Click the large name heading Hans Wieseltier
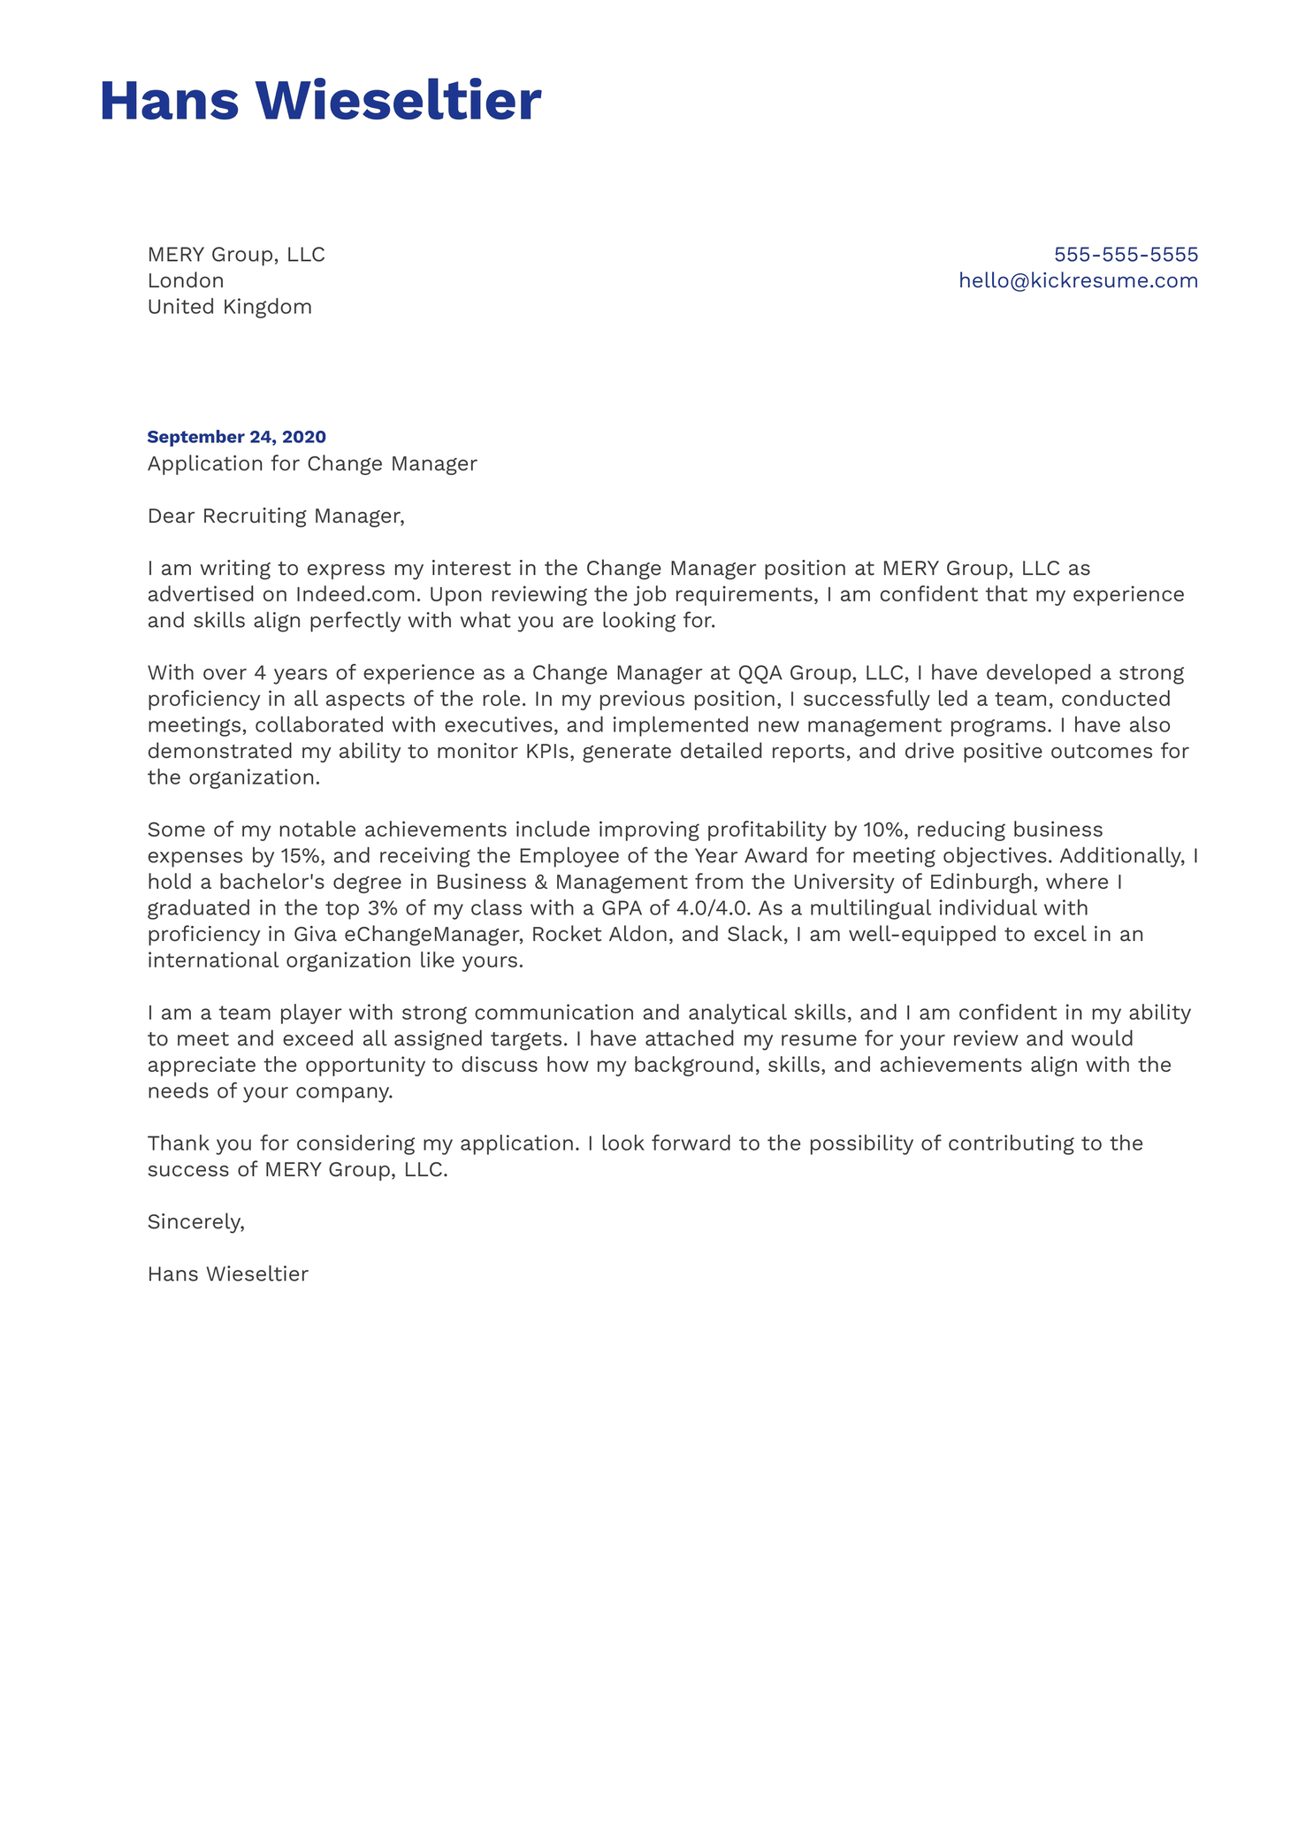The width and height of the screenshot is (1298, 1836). tap(320, 101)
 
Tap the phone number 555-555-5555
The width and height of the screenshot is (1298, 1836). tap(1126, 255)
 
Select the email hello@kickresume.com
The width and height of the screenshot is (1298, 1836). tap(1078, 280)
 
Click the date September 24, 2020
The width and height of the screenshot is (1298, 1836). tap(236, 437)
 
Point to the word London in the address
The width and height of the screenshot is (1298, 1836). tap(186, 280)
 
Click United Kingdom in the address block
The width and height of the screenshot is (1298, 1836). tap(229, 307)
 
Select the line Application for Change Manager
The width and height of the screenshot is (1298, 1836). tap(311, 463)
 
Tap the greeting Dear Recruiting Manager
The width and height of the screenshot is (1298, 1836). tap(275, 516)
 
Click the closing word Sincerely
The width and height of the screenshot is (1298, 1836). tap(195, 1222)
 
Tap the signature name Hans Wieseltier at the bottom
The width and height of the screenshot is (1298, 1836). tap(227, 1274)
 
